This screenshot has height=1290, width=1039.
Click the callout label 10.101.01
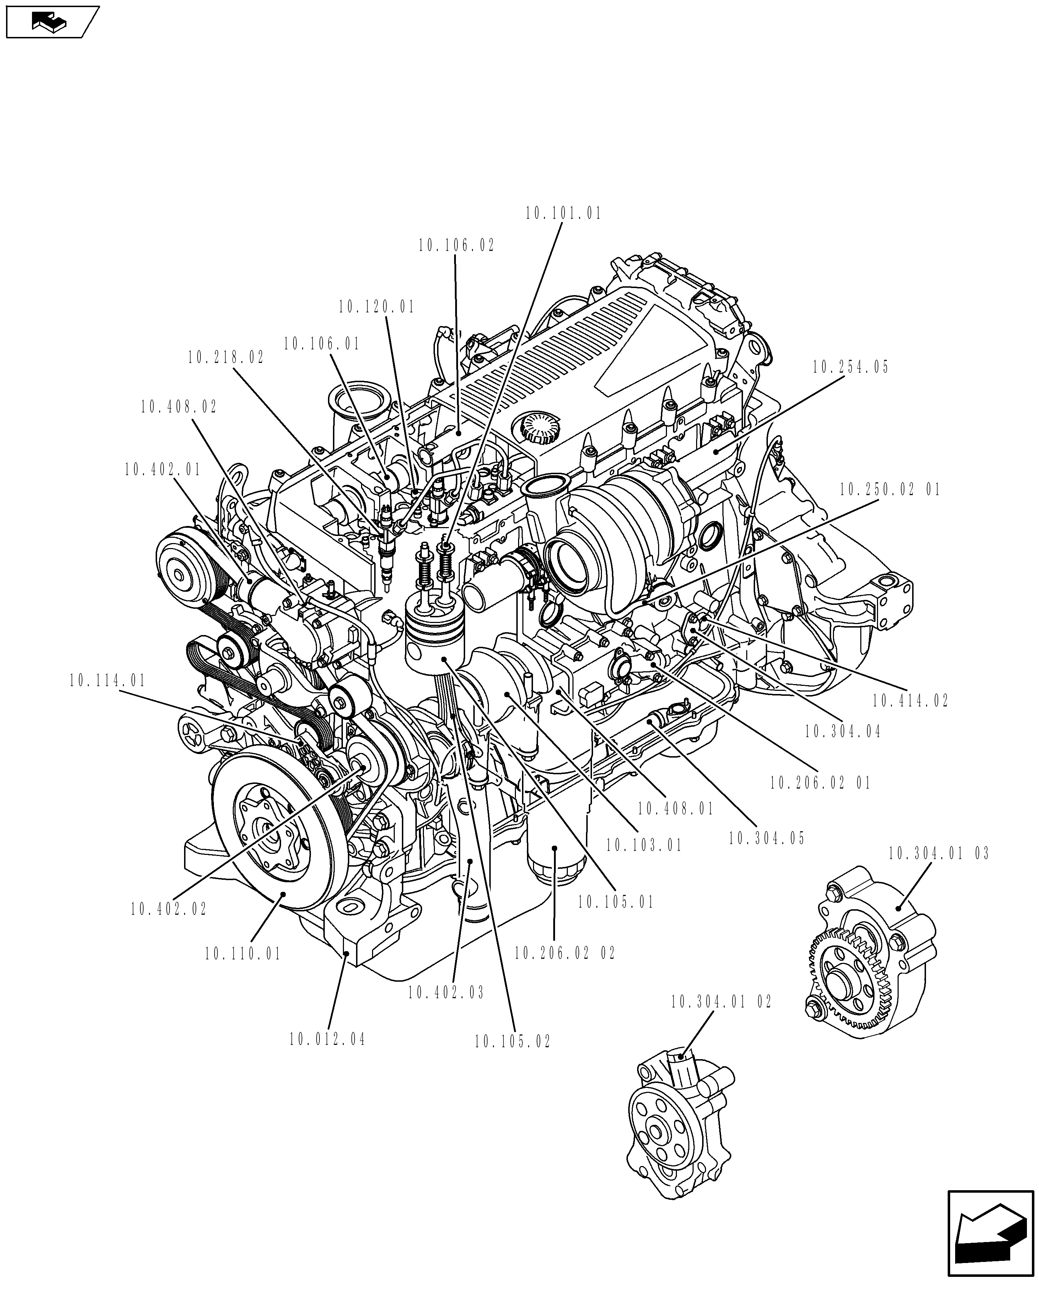click(x=563, y=213)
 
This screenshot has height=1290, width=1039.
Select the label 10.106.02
click(x=457, y=245)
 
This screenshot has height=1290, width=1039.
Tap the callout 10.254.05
click(x=850, y=367)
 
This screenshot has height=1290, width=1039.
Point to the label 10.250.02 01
click(x=889, y=490)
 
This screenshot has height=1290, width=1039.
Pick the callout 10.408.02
click(x=179, y=407)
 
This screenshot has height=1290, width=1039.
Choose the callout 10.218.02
click(x=226, y=358)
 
